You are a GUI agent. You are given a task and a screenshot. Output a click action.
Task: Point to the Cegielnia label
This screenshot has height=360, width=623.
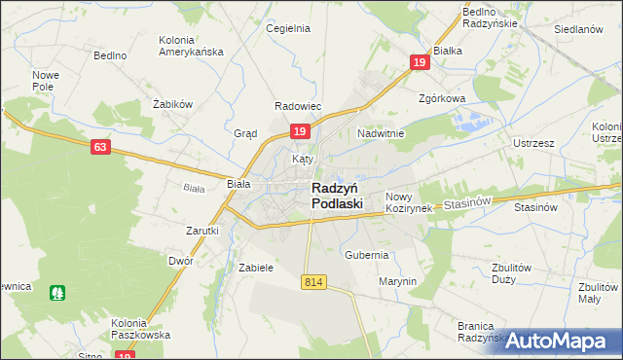(288, 28)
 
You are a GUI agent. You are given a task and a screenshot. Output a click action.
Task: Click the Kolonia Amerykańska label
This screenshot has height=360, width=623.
(191, 45)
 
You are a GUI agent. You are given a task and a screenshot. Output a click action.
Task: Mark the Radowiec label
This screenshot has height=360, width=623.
(298, 106)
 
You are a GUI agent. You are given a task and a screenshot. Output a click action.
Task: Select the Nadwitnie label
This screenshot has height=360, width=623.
(381, 132)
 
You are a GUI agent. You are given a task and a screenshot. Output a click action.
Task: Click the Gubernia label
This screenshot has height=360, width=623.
(367, 255)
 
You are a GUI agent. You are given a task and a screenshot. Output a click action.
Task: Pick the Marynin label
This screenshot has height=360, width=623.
(397, 281)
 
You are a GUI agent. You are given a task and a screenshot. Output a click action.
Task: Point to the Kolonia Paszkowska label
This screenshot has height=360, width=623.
(140, 328)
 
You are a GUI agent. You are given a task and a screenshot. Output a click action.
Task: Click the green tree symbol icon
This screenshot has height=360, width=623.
(58, 291)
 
